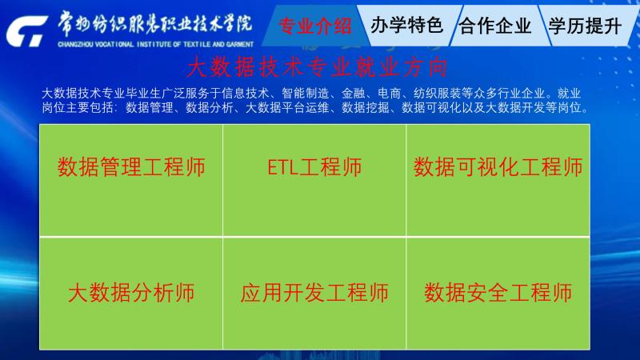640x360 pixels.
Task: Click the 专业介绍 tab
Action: point(314,26)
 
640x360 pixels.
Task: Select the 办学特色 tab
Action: point(406,26)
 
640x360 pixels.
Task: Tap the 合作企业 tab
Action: point(495,26)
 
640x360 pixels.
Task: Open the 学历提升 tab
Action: point(585,26)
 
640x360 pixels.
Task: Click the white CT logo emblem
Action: point(26,31)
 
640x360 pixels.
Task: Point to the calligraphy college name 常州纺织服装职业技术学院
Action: point(154,23)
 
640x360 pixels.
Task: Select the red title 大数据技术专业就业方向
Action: point(317,67)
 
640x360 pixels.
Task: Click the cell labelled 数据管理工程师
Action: point(131,180)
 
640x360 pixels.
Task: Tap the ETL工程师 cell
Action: point(314,180)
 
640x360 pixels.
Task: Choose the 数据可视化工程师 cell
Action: point(498,180)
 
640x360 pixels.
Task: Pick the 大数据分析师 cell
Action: point(131,294)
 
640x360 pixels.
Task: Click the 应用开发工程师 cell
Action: point(314,294)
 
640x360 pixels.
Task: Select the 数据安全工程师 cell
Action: point(498,294)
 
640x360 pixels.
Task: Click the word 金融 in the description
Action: point(353,94)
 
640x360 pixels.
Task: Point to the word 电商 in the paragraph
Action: point(389,94)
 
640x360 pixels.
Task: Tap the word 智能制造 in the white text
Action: point(306,94)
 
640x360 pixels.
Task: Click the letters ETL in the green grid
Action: point(282,167)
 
